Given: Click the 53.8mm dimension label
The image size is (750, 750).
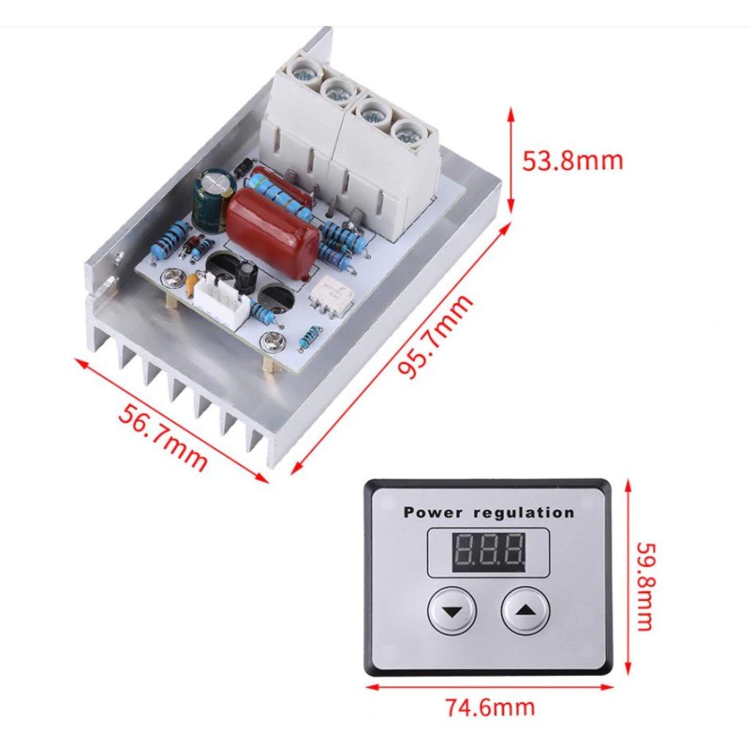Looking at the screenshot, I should coord(572,160).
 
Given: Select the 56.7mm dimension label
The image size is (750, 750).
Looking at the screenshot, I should coord(163,437).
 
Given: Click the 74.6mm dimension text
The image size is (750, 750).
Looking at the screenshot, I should coord(490,708).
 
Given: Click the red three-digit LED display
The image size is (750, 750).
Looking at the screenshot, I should coord(489,552).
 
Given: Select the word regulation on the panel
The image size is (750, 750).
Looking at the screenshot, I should coord(524,513).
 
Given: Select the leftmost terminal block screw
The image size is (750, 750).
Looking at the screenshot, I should coord(300,72).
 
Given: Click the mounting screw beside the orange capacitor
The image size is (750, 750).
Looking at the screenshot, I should coord(174,277).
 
